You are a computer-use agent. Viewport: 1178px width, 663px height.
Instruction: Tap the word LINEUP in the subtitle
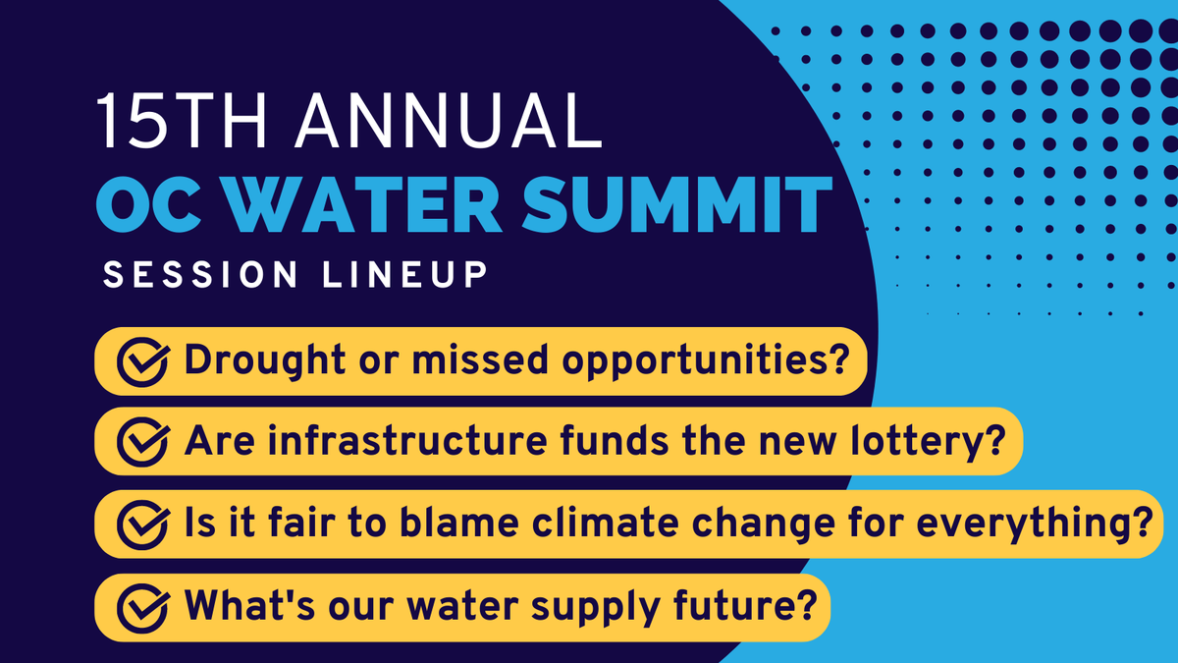pyautogui.click(x=402, y=276)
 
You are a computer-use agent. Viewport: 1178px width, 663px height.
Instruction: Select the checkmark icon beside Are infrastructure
pyautogui.click(x=140, y=442)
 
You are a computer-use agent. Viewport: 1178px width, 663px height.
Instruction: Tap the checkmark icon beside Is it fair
pyautogui.click(x=140, y=524)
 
